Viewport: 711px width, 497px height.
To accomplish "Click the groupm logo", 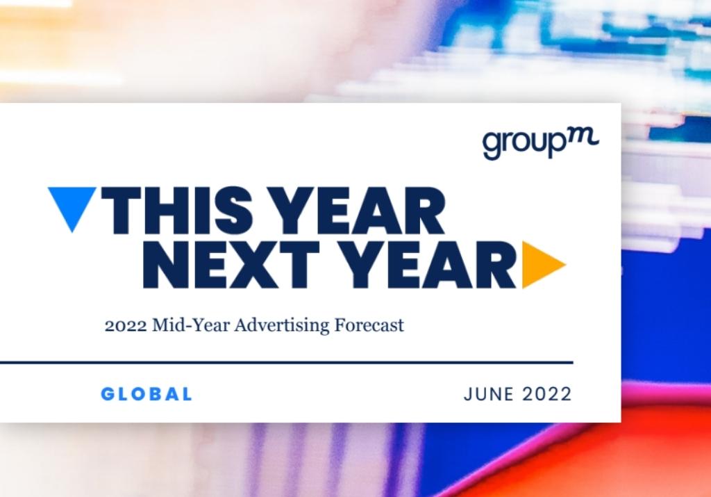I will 540,142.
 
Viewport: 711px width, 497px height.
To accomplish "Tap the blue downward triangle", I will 72,206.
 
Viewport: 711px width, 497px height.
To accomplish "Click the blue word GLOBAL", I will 147,394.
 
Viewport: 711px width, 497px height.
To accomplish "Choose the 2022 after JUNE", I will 547,394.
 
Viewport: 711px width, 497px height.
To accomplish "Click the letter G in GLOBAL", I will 108,394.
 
